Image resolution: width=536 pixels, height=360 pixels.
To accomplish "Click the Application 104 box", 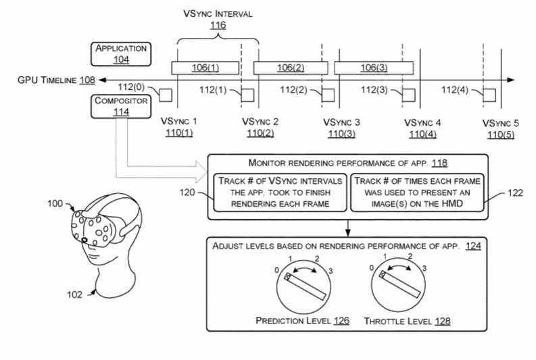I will pyautogui.click(x=122, y=53).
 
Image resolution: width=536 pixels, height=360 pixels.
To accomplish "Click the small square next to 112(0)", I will pyautogui.click(x=165, y=94).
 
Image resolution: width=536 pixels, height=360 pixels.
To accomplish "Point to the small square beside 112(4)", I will pyautogui.click(x=489, y=94).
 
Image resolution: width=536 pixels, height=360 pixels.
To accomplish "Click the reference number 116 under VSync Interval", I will pyautogui.click(x=218, y=25).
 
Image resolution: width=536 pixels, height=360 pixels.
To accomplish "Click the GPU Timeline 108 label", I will pyautogui.click(x=47, y=80).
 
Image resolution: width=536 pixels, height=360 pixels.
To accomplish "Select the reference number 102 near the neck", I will pyautogui.click(x=76, y=294).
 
